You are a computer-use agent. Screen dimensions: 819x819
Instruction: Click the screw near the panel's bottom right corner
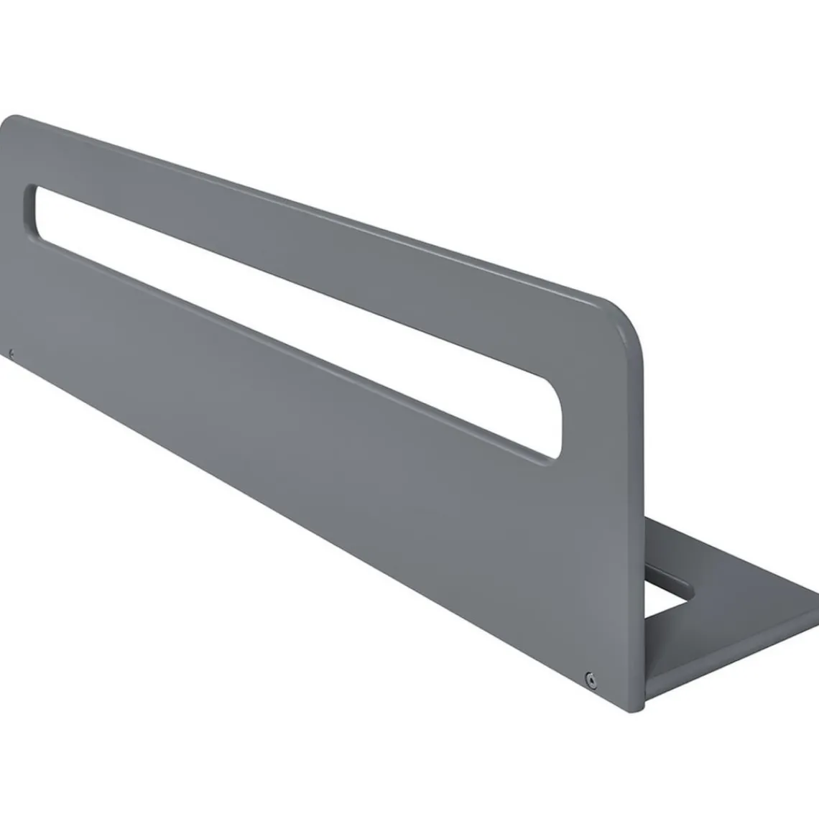click(x=591, y=676)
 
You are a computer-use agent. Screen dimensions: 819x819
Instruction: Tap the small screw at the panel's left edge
click(x=11, y=352)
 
